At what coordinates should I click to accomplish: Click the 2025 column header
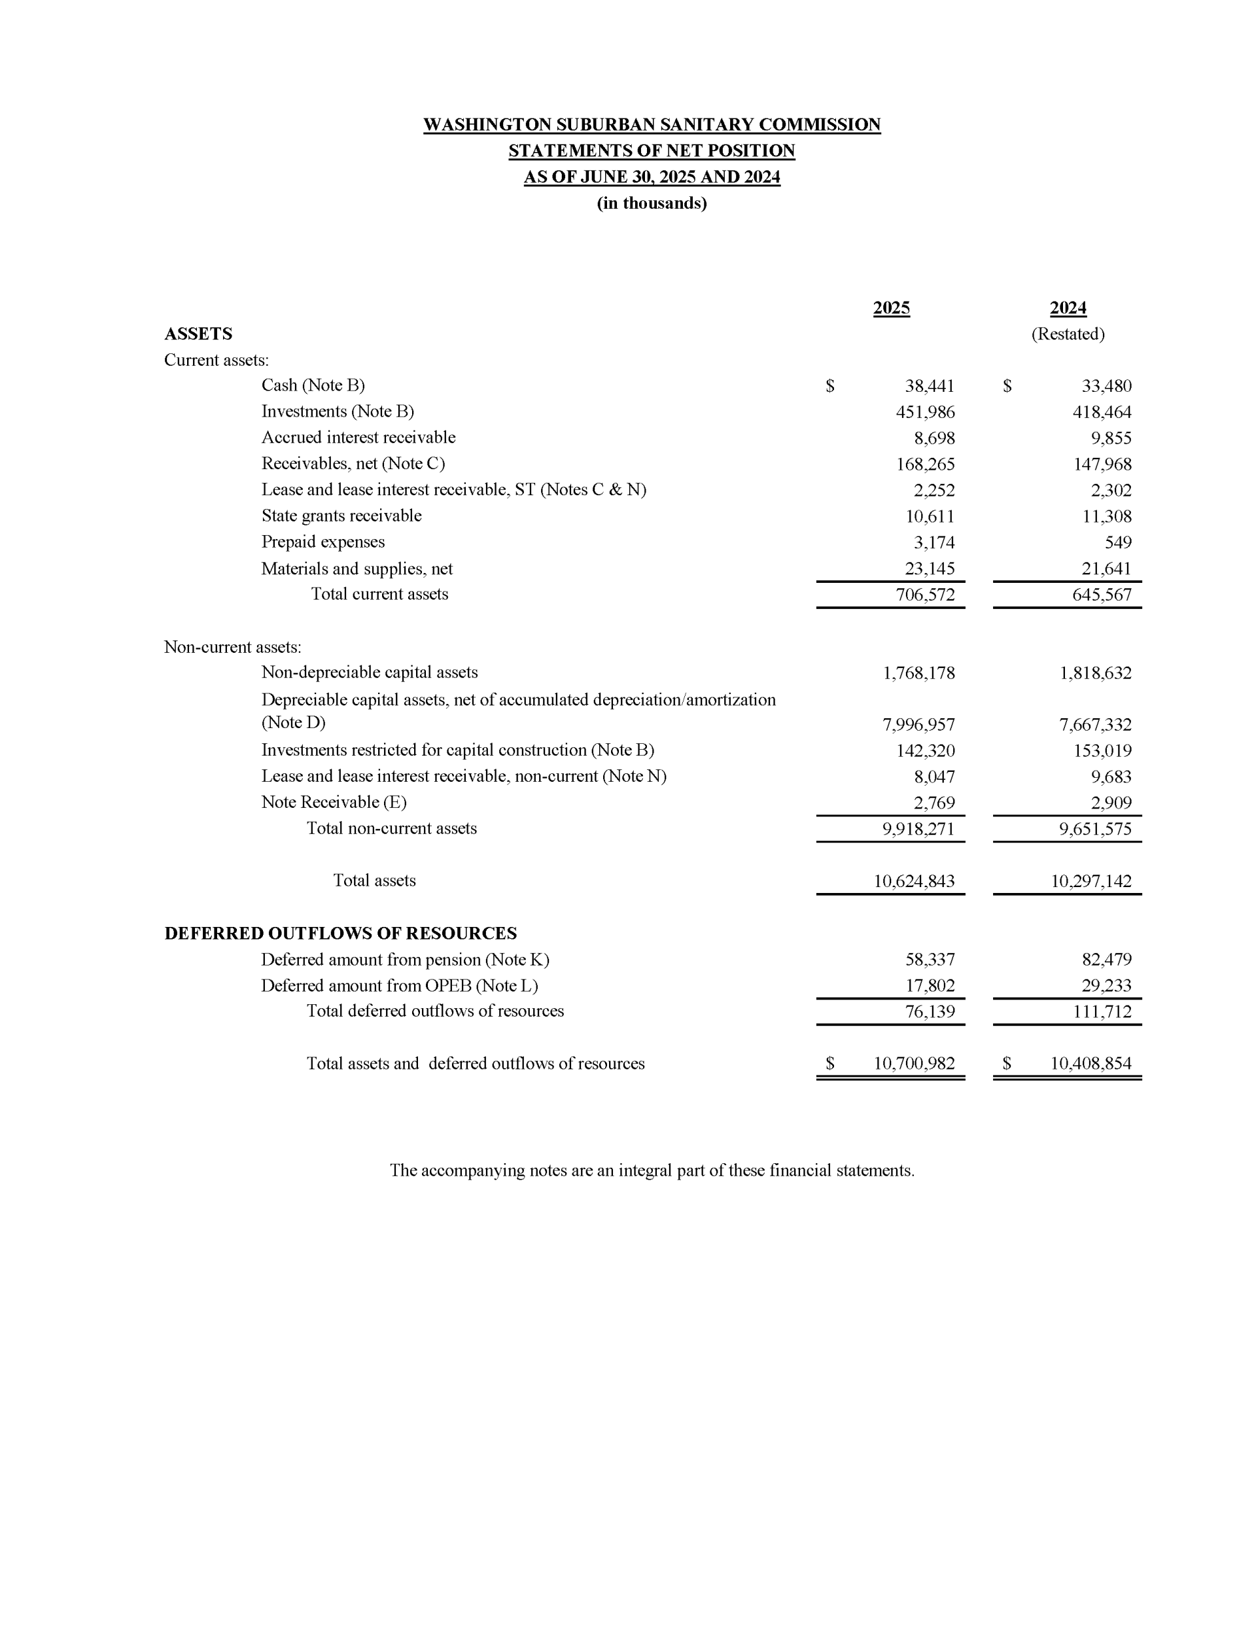(891, 308)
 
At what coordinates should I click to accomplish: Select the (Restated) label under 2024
(1067, 334)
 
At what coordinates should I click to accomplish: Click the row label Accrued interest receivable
(358, 438)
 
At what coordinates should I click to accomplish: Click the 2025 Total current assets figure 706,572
(925, 595)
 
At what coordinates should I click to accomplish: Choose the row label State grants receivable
(341, 515)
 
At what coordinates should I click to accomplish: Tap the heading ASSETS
(198, 334)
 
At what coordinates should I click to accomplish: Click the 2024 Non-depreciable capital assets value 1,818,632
(1095, 673)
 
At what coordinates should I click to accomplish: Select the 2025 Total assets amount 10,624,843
(914, 882)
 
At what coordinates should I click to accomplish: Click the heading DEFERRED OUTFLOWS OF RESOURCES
(340, 934)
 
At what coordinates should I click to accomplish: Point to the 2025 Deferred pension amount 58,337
(930, 960)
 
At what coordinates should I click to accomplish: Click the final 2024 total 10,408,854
(1090, 1064)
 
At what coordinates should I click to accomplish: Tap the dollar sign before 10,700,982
(829, 1064)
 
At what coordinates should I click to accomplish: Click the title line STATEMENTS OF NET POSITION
(651, 151)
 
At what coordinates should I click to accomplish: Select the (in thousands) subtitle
(651, 203)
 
